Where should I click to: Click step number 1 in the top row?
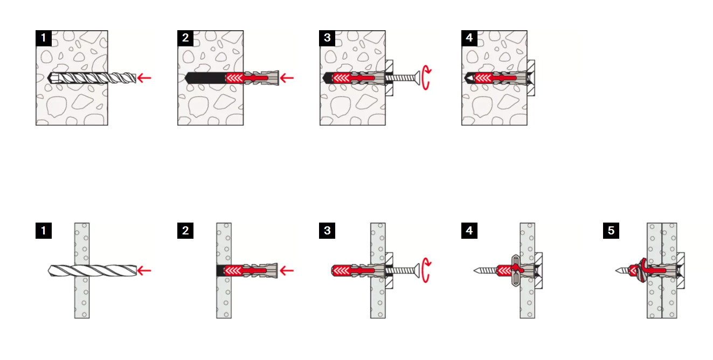[x=44, y=38]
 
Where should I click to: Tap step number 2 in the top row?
[x=185, y=38]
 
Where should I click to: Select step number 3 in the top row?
[x=327, y=38]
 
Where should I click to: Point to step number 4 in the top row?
[x=469, y=38]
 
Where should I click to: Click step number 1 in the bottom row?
[x=44, y=231]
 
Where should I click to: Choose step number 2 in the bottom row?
[x=185, y=231]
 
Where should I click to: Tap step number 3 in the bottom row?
[x=327, y=231]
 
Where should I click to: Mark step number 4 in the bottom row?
[x=469, y=231]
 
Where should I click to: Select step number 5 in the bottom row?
[x=611, y=231]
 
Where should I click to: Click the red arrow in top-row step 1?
[x=144, y=78]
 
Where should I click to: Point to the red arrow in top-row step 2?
[x=287, y=78]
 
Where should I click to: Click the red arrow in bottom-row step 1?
[x=144, y=271]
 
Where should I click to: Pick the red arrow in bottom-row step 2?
[x=287, y=271]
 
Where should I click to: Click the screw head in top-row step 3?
[x=417, y=78]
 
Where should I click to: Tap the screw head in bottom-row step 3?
[x=417, y=271]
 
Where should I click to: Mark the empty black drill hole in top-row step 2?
[x=206, y=78]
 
